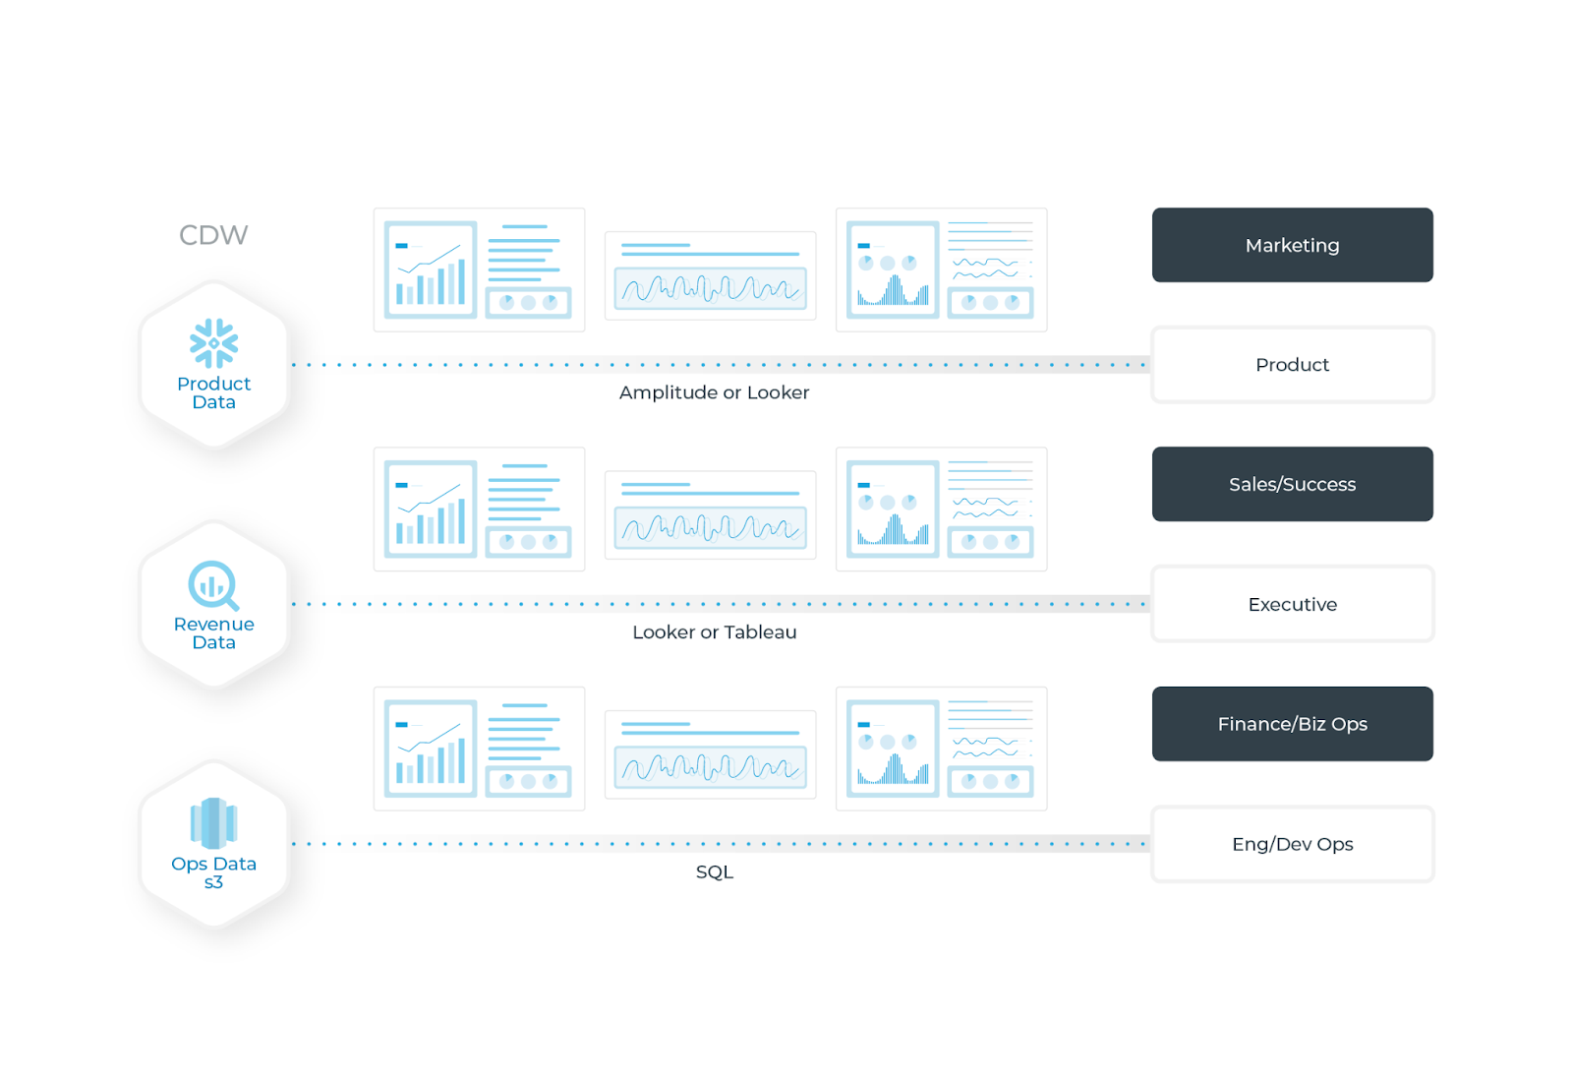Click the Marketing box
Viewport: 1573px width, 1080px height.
pos(1292,245)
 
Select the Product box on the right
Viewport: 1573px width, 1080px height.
pos(1292,364)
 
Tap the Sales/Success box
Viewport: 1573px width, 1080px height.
pos(1292,484)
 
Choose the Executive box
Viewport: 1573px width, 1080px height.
pos(1292,604)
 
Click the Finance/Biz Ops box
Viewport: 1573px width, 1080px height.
pos(1292,724)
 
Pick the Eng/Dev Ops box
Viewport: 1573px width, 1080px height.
pos(1292,843)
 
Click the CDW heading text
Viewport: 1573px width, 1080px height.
pos(213,235)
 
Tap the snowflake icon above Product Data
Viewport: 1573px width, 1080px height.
pos(213,343)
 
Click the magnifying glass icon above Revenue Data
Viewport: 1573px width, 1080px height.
pos(213,585)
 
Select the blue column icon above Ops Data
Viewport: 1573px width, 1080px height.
pos(213,823)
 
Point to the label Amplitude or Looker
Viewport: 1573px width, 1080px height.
pos(714,392)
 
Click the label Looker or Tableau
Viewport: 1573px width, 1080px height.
pos(714,631)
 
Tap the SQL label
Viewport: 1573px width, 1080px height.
pos(714,871)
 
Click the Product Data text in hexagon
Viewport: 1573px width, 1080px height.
pos(213,392)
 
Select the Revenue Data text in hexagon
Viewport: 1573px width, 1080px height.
pos(213,633)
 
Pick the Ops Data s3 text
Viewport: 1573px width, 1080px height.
pos(213,872)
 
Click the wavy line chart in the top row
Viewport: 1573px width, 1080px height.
pos(710,288)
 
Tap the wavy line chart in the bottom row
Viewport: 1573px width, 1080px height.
pos(710,767)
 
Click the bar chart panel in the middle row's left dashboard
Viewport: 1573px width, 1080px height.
pos(431,509)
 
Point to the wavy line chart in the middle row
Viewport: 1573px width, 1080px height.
pos(710,527)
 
